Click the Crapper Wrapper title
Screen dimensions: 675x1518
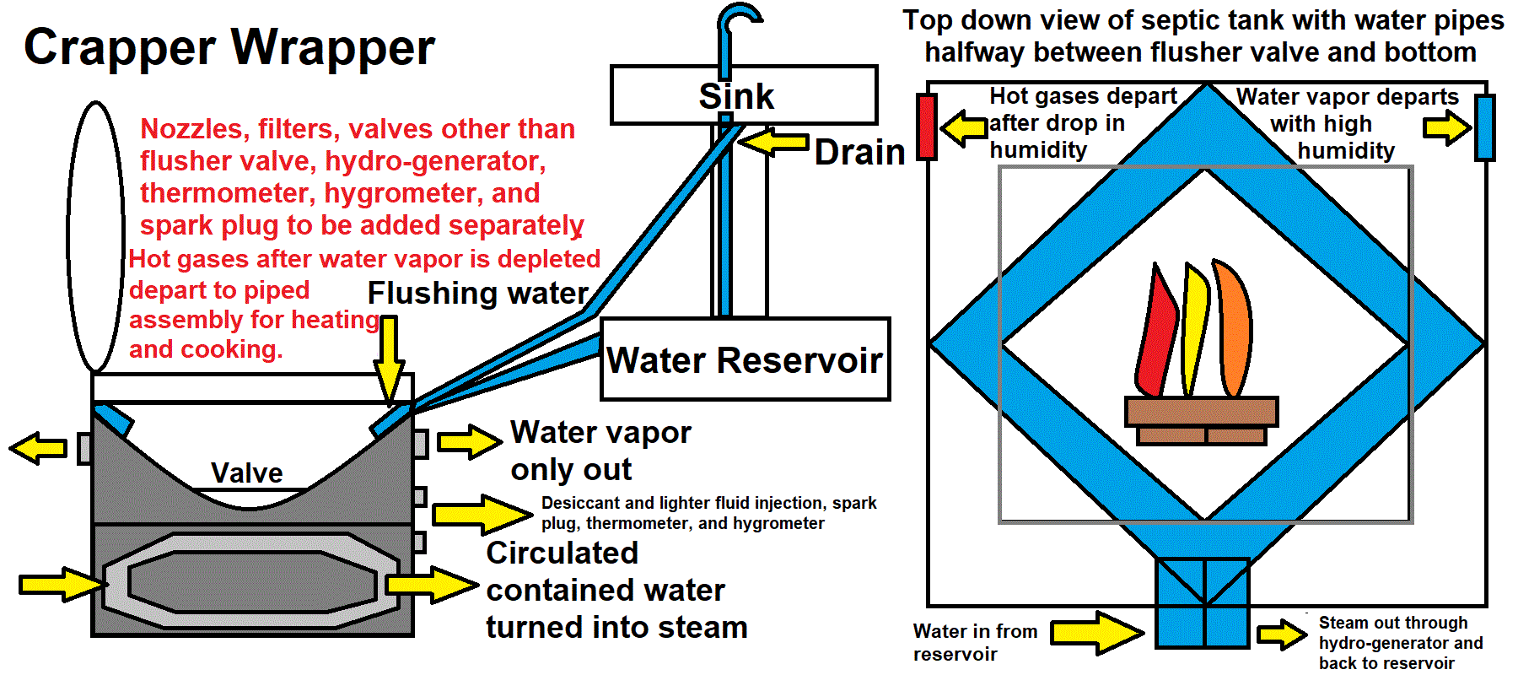coord(229,47)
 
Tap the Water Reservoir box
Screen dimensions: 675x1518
coord(745,359)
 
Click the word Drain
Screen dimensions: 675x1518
coord(859,153)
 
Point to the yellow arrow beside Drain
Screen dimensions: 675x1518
coord(774,142)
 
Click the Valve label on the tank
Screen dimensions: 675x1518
coord(246,472)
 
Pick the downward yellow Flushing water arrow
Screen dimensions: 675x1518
coord(389,359)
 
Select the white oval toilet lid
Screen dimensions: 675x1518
coord(95,237)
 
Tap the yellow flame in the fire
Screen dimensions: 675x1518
coord(1194,329)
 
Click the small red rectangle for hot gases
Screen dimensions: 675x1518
coord(927,127)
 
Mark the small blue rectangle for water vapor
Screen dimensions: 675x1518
coord(1484,127)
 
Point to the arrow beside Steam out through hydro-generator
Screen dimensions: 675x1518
coord(1282,634)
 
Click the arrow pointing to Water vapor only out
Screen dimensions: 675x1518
coord(469,441)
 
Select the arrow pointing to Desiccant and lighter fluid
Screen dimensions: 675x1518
coord(481,514)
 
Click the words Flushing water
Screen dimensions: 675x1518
coord(477,294)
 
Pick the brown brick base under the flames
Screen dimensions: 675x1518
coord(1201,420)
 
